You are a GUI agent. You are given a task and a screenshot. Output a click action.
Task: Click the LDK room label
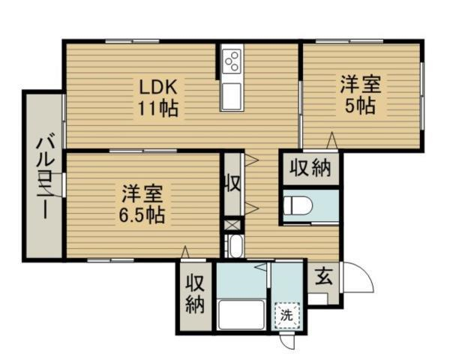click(158, 87)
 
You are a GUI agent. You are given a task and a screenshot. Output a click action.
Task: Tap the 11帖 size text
click(158, 109)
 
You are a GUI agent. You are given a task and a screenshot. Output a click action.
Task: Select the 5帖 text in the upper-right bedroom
click(360, 106)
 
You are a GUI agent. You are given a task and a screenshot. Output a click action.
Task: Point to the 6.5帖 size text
click(142, 215)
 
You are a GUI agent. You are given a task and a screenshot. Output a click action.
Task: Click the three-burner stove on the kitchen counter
click(232, 61)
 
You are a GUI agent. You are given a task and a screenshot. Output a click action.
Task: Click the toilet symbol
click(297, 205)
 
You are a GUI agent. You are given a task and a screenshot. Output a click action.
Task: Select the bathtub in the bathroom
click(241, 314)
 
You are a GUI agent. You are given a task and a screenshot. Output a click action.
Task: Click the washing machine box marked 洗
click(287, 315)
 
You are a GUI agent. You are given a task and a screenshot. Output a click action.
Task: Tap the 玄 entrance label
click(324, 276)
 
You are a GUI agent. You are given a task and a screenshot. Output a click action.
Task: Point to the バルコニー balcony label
click(45, 178)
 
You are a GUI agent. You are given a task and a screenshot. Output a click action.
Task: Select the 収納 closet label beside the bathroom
click(195, 293)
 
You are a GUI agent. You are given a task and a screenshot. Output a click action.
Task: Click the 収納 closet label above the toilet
click(310, 168)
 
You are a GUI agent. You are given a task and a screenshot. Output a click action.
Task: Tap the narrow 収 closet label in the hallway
click(232, 183)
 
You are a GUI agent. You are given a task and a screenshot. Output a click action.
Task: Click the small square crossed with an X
click(232, 225)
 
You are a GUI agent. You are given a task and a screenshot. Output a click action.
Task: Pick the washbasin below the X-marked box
click(236, 246)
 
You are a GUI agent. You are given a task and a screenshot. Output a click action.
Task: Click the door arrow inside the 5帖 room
click(332, 140)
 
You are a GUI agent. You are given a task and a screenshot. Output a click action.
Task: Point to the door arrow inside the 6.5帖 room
click(185, 252)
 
